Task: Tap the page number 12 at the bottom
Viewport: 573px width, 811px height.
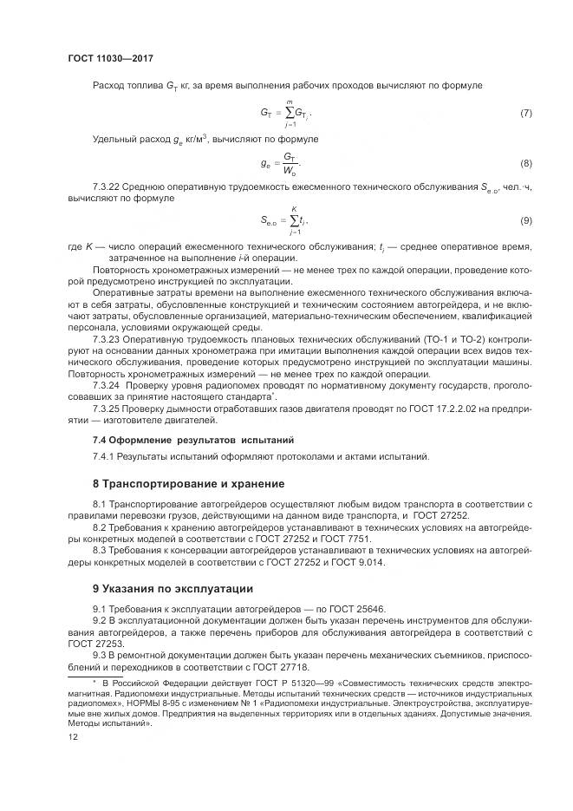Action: click(x=72, y=737)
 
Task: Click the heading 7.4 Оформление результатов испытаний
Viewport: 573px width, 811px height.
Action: click(x=193, y=440)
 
